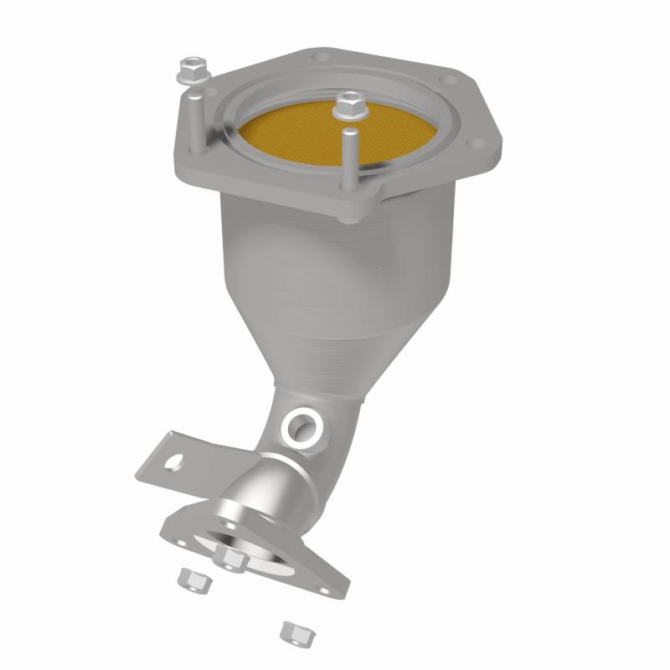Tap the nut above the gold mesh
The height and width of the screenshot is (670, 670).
[x=347, y=106]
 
